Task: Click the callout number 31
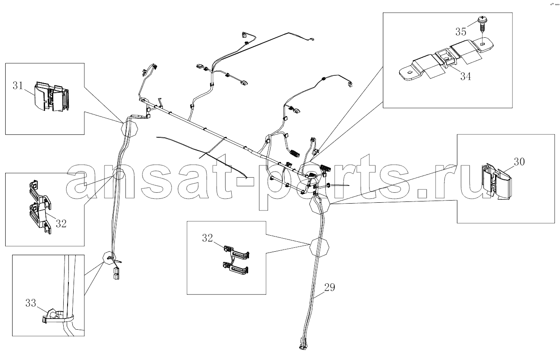18,86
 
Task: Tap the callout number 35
461,32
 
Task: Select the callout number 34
466,76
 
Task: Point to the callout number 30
519,162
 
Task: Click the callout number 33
31,303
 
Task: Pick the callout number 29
330,287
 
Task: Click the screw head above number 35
482,19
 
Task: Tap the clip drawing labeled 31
51,96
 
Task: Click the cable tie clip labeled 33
58,317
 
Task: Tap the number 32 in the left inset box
61,224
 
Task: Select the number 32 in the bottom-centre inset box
207,238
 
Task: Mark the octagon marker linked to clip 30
320,204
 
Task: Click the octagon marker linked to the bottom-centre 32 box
319,247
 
